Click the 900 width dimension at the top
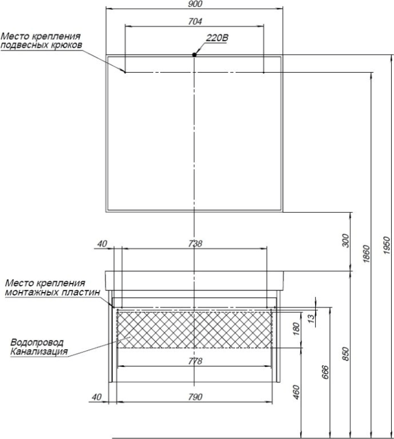(195, 4)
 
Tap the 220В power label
(217, 39)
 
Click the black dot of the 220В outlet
(195, 55)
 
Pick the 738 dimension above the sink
(195, 244)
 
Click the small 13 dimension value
(312, 317)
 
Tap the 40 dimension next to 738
(102, 244)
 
